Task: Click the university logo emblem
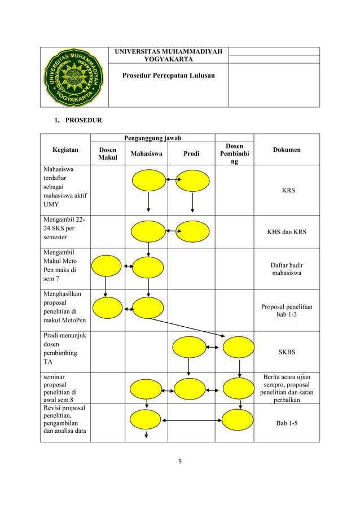click(x=74, y=77)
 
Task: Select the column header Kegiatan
click(x=65, y=150)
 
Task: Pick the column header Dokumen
click(x=287, y=150)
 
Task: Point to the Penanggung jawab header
click(x=153, y=137)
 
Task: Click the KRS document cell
click(x=287, y=191)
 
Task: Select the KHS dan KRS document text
click(x=287, y=231)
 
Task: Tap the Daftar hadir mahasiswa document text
click(x=287, y=269)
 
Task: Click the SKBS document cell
click(x=287, y=352)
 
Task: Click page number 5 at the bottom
click(x=180, y=460)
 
